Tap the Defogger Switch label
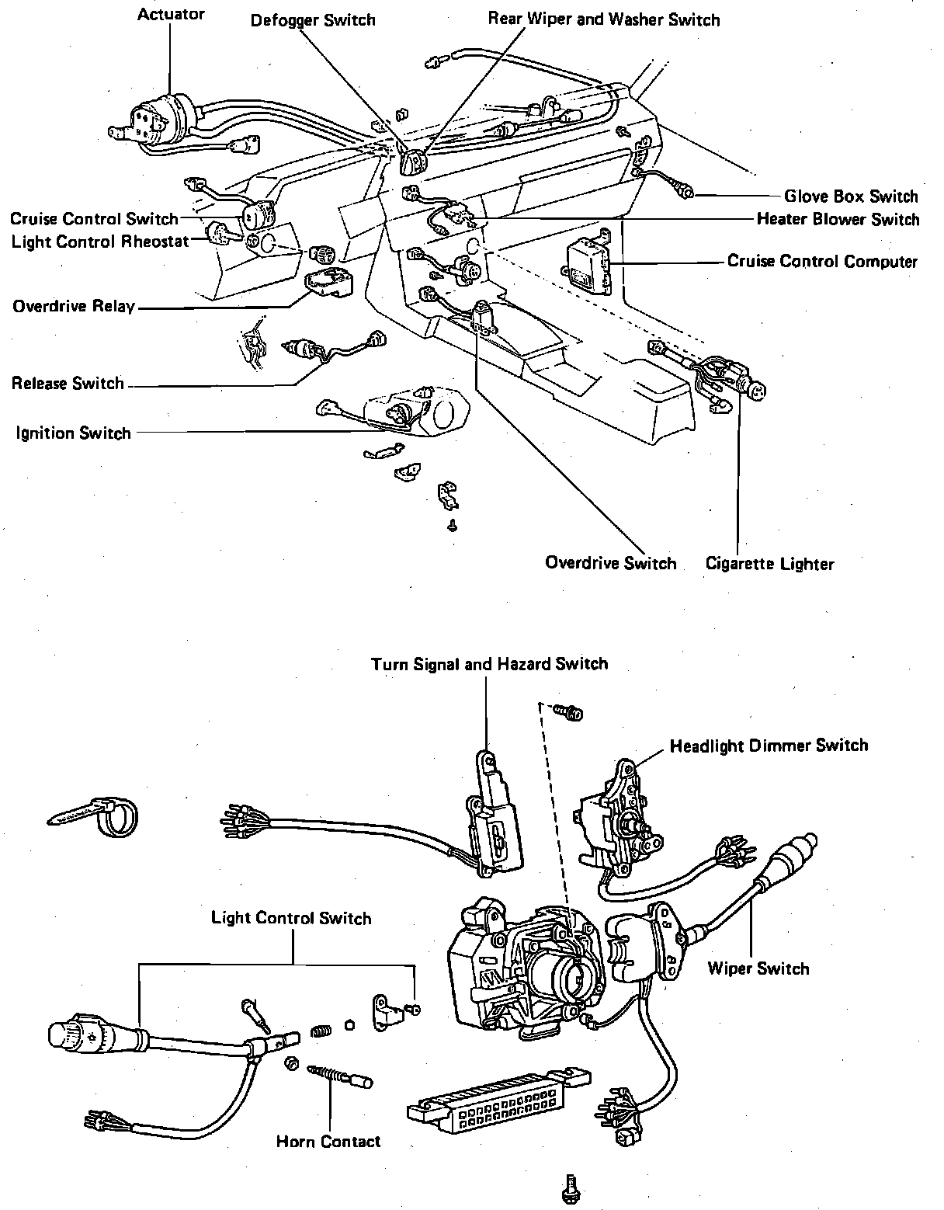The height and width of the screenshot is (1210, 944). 313,20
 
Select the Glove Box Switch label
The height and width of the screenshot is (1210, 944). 851,196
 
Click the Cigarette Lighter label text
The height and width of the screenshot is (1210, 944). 769,564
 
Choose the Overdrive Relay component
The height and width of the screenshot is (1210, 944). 328,284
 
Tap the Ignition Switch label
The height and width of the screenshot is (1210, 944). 74,433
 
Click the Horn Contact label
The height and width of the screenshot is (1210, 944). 328,1141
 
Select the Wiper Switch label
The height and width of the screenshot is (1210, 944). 758,968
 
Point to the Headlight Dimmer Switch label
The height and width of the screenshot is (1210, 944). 769,746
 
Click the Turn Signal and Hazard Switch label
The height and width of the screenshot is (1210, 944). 489,664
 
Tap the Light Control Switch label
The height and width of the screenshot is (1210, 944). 291,918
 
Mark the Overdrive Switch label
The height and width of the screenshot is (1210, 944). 610,563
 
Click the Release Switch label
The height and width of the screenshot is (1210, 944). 68,384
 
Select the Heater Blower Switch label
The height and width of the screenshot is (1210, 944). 838,219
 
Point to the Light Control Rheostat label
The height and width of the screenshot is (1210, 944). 100,242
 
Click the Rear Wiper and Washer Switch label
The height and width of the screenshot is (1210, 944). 603,19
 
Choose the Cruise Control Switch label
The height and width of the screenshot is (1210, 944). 95,219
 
